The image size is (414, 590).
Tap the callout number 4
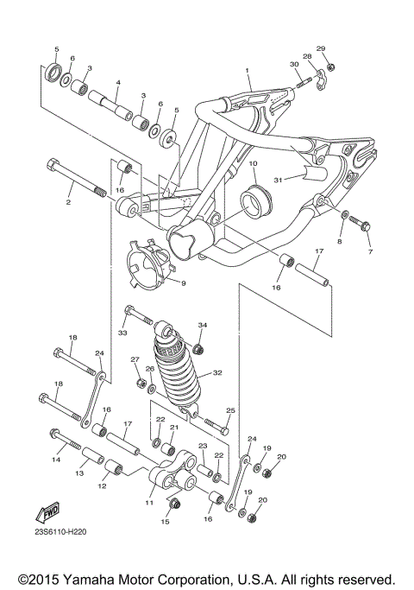tap(118, 83)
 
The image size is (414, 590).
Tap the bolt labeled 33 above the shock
tap(139, 316)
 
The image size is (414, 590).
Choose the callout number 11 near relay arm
tap(148, 501)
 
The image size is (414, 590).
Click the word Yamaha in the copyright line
tap(103, 578)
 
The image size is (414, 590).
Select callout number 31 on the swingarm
tap(279, 179)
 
